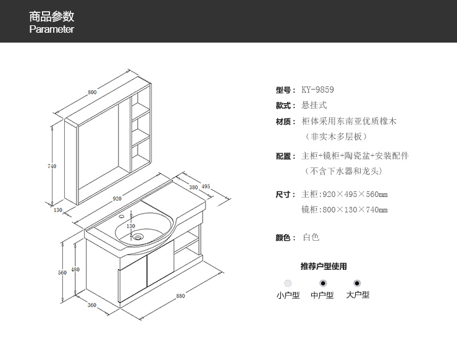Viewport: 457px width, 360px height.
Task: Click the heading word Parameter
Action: point(52,30)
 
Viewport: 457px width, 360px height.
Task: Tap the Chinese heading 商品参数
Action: point(52,16)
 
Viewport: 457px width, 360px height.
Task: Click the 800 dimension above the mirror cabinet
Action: point(92,93)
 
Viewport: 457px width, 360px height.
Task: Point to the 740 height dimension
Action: point(52,166)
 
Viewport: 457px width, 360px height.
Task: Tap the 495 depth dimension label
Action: point(206,186)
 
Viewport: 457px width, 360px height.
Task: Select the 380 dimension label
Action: point(193,187)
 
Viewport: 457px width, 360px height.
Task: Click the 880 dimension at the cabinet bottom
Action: point(180,296)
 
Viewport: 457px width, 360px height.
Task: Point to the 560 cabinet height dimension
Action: point(62,272)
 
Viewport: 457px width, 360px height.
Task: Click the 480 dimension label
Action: point(75,269)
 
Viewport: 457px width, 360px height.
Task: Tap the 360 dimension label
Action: point(91,305)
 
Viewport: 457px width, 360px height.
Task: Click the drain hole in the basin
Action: point(139,235)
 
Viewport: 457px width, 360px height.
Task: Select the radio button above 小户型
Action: point(288,283)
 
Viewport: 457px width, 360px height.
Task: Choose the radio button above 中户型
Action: point(322,283)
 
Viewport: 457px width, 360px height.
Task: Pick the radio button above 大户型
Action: point(358,283)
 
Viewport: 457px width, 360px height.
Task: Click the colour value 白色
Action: point(311,237)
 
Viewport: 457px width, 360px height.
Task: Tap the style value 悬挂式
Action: point(314,106)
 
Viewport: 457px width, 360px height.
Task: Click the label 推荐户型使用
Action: point(323,267)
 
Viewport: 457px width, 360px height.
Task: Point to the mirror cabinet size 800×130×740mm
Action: point(345,210)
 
